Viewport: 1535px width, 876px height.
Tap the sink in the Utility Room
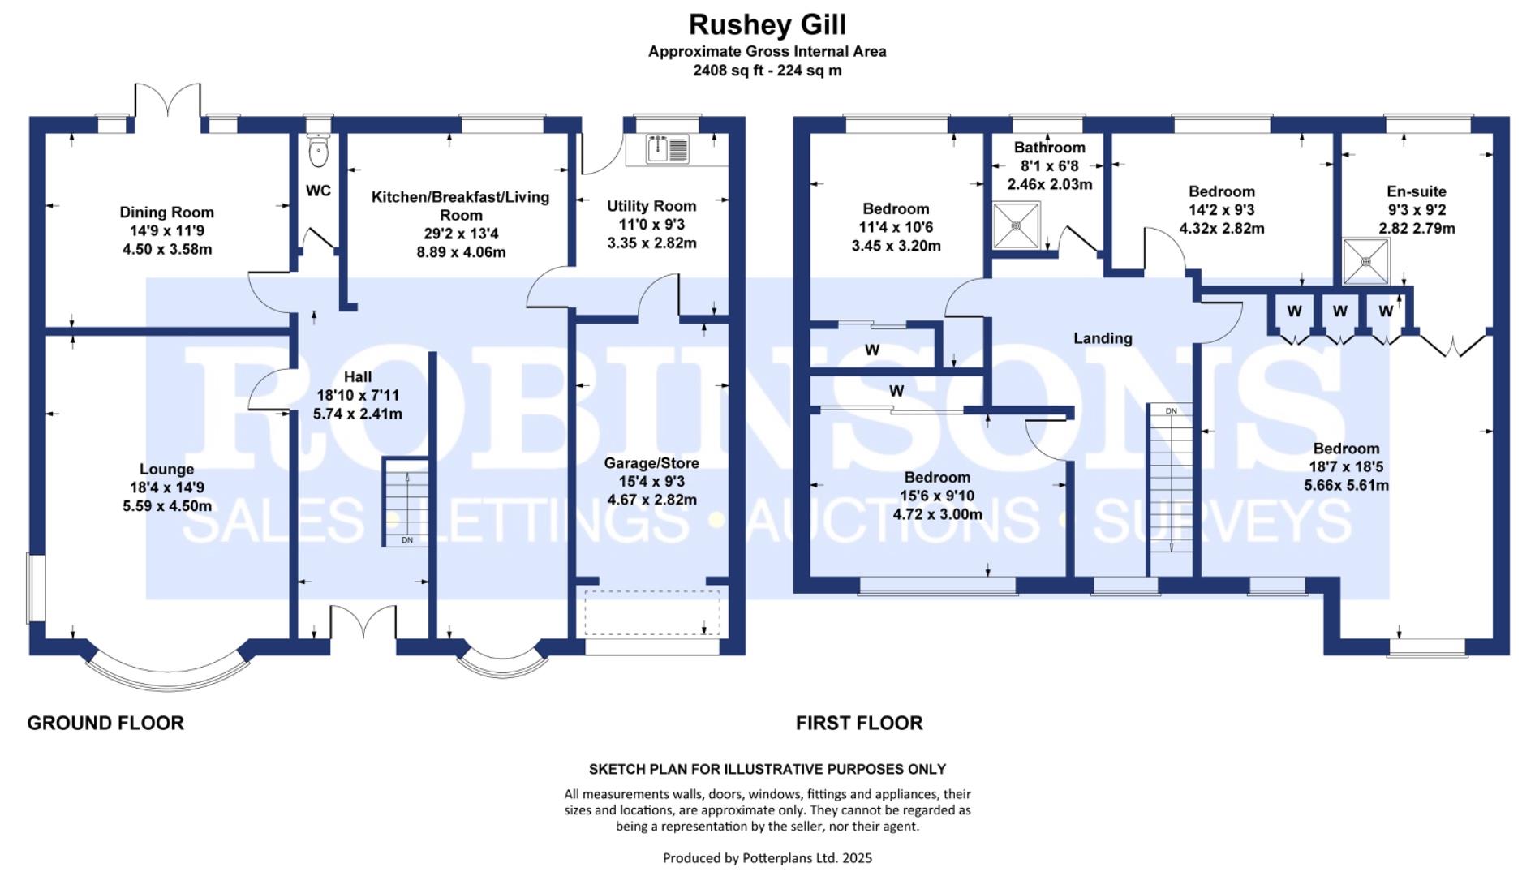[667, 149]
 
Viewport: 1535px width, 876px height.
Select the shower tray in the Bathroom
[1016, 225]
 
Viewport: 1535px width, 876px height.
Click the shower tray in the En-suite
[1365, 261]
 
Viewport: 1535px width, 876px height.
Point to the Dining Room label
[166, 213]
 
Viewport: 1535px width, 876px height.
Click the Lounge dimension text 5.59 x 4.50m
[166, 506]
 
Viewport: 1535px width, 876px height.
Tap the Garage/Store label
[651, 463]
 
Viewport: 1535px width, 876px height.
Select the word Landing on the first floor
[1102, 338]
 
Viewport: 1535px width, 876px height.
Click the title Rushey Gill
[767, 24]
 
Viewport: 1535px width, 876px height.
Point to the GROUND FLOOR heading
[105, 723]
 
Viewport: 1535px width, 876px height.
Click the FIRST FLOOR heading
[858, 723]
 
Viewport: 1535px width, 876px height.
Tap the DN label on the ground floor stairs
[407, 540]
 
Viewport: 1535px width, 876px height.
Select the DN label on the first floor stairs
[1171, 411]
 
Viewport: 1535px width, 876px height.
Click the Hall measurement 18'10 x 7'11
[358, 396]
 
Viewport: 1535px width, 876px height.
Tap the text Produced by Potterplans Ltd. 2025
[767, 857]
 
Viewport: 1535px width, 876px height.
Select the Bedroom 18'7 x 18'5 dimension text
[1346, 467]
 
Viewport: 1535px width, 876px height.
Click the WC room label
[318, 191]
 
